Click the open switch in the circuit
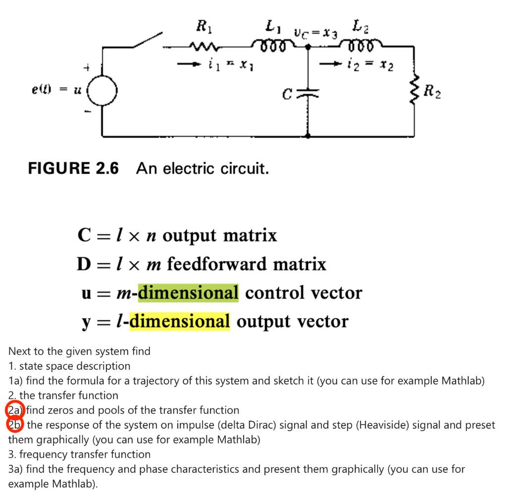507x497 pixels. coord(148,41)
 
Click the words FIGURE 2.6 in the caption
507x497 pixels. coord(73,168)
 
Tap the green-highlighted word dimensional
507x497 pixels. coord(188,292)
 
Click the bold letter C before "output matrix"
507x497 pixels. coord(84,235)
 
